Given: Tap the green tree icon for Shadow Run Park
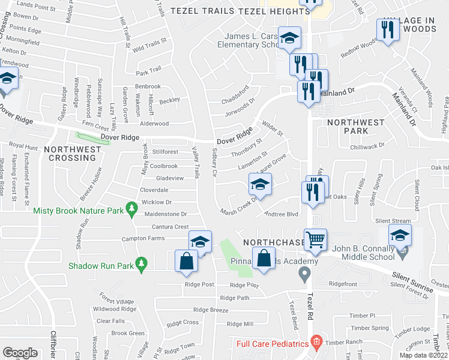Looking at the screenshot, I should [141, 263].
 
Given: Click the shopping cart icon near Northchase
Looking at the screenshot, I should [315, 239].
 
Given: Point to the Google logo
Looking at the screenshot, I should [20, 352].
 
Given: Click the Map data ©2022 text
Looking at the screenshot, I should [424, 355].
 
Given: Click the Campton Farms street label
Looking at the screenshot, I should [143, 238].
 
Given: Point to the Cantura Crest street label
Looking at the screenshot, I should [170, 227].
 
